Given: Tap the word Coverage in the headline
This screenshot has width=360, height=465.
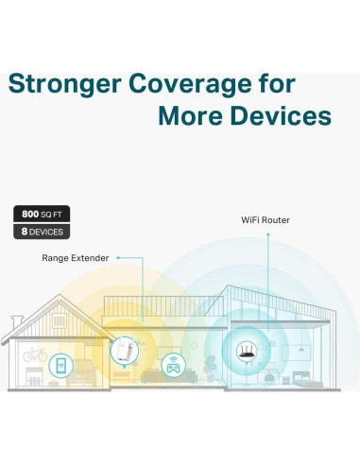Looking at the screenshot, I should pyautogui.click(x=193, y=84).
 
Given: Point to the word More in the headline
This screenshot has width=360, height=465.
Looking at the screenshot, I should pyautogui.click(x=192, y=116).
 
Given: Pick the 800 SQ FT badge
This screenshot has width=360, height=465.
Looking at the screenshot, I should pyautogui.click(x=41, y=214).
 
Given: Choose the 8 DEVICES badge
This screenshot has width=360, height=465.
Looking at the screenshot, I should pyautogui.click(x=41, y=231).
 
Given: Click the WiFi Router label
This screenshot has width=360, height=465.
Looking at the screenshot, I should pyautogui.click(x=266, y=220).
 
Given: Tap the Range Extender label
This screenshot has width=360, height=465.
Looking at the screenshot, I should pyautogui.click(x=76, y=257).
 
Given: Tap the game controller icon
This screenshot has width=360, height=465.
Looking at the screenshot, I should pyautogui.click(x=173, y=364).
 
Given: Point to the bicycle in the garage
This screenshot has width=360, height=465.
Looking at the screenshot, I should pyautogui.click(x=36, y=356).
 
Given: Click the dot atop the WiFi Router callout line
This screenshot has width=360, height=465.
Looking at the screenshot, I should pyautogui.click(x=267, y=233).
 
